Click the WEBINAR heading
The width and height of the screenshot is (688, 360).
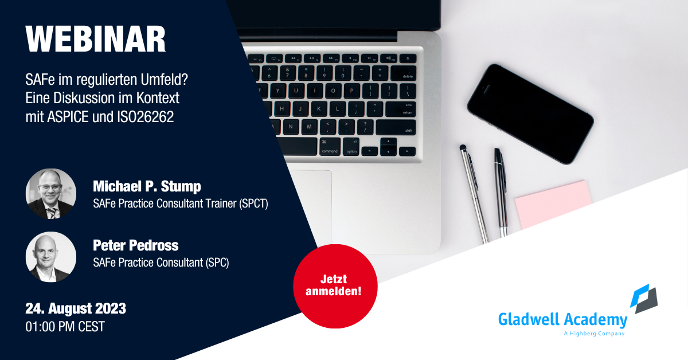point(96,39)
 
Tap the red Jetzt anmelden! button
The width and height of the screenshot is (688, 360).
point(335,286)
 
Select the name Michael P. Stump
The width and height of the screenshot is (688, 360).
point(147,186)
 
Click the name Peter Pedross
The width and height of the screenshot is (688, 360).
point(135,245)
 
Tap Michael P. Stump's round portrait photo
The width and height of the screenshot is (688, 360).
point(51,194)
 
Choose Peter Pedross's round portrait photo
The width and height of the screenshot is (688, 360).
point(51,257)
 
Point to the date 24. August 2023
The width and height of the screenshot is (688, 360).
point(76,308)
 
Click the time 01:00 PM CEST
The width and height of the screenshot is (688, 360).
point(65,327)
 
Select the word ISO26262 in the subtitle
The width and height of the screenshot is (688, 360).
point(145,117)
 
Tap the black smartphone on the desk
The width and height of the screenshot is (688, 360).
point(530,114)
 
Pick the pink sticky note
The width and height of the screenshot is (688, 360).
point(553,204)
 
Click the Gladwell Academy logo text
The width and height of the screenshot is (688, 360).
point(562,319)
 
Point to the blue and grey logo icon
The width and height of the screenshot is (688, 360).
point(644,299)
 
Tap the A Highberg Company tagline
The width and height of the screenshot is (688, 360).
point(594,334)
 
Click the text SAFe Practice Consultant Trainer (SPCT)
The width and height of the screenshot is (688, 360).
point(181,204)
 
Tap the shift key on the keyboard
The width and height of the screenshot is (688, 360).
point(396,127)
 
